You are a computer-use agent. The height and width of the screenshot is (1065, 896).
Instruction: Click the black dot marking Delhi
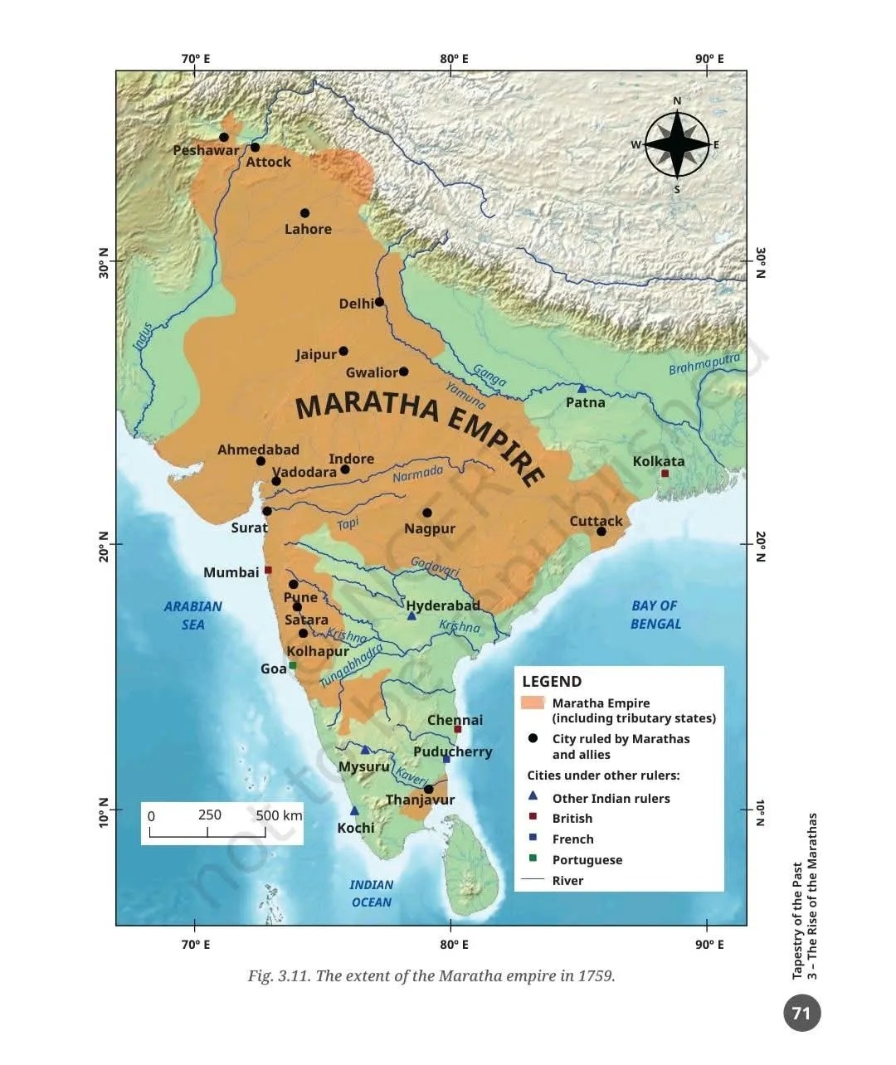click(x=379, y=302)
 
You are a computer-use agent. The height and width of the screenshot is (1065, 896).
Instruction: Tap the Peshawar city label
click(x=205, y=151)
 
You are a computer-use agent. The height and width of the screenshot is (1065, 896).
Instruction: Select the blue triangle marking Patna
click(x=582, y=388)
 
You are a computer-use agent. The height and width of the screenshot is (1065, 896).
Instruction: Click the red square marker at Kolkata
click(x=665, y=474)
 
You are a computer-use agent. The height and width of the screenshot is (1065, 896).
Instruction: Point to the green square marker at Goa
click(x=292, y=665)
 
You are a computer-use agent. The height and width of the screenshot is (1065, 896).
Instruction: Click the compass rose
click(x=677, y=145)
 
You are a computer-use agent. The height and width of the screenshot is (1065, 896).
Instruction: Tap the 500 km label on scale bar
click(x=279, y=815)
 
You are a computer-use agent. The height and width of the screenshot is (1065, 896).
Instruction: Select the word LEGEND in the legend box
click(x=552, y=682)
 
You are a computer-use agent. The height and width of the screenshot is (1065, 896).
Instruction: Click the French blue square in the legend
click(x=533, y=838)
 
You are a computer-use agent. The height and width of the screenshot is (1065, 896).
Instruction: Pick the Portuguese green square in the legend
click(x=533, y=858)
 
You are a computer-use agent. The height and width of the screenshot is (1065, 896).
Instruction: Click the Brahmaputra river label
click(x=704, y=364)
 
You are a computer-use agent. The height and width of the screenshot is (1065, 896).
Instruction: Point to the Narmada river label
click(x=417, y=474)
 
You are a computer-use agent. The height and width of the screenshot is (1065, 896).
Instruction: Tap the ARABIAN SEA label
click(x=192, y=615)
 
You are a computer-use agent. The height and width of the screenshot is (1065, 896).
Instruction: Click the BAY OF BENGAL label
click(x=655, y=615)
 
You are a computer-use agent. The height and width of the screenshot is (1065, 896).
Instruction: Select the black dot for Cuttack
click(x=601, y=531)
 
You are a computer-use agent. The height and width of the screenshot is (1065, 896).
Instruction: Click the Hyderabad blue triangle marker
click(x=411, y=615)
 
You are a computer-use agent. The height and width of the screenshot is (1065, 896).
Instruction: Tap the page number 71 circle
click(x=801, y=1013)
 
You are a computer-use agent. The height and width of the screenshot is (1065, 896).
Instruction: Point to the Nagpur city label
click(x=430, y=528)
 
